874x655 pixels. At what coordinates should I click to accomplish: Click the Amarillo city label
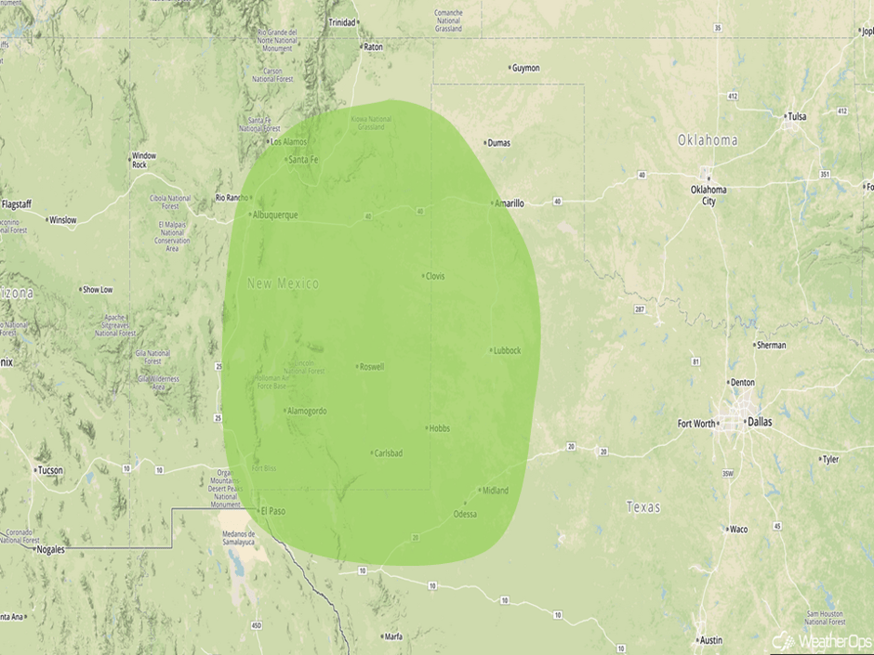click(x=510, y=203)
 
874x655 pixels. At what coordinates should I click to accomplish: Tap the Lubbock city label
click(x=508, y=350)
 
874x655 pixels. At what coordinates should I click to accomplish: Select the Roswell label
click(x=371, y=366)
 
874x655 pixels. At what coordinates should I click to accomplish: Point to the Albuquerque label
click(x=276, y=215)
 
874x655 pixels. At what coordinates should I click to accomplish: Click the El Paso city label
click(x=273, y=511)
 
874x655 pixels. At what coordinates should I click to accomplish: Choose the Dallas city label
click(x=760, y=421)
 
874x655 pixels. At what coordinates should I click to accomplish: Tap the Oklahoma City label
click(x=708, y=195)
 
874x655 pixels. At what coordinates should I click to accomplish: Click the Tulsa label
click(x=797, y=116)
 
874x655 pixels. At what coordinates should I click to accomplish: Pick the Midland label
click(x=496, y=491)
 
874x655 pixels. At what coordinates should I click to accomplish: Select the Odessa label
click(x=465, y=514)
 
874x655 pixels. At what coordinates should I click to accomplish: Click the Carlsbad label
click(x=388, y=452)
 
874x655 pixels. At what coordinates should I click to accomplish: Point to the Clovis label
click(x=435, y=276)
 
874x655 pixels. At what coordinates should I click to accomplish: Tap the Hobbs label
click(x=439, y=428)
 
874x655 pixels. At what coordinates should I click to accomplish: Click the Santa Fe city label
click(x=304, y=160)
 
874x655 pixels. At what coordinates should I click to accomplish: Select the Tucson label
click(x=49, y=470)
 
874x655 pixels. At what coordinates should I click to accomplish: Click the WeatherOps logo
click(x=821, y=640)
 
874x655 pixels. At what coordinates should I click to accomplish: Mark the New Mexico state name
click(x=283, y=283)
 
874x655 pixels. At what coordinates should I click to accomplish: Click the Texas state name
click(x=643, y=506)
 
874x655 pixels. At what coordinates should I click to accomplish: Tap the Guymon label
click(x=525, y=68)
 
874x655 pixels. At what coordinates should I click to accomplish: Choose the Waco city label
click(x=738, y=530)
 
